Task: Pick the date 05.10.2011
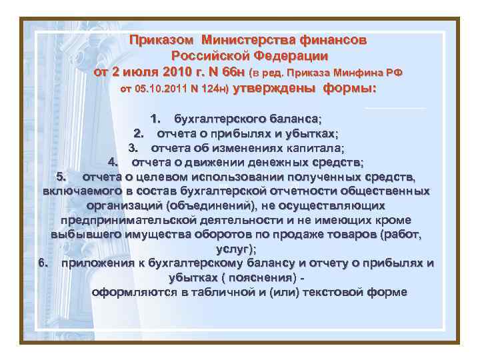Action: point(161,89)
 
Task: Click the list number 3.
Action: point(133,147)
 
